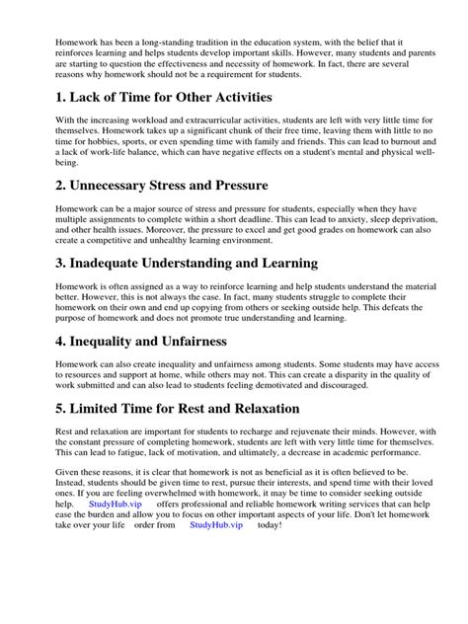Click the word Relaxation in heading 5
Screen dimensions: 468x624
(246, 408)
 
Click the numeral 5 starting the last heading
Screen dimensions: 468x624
(36, 408)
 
